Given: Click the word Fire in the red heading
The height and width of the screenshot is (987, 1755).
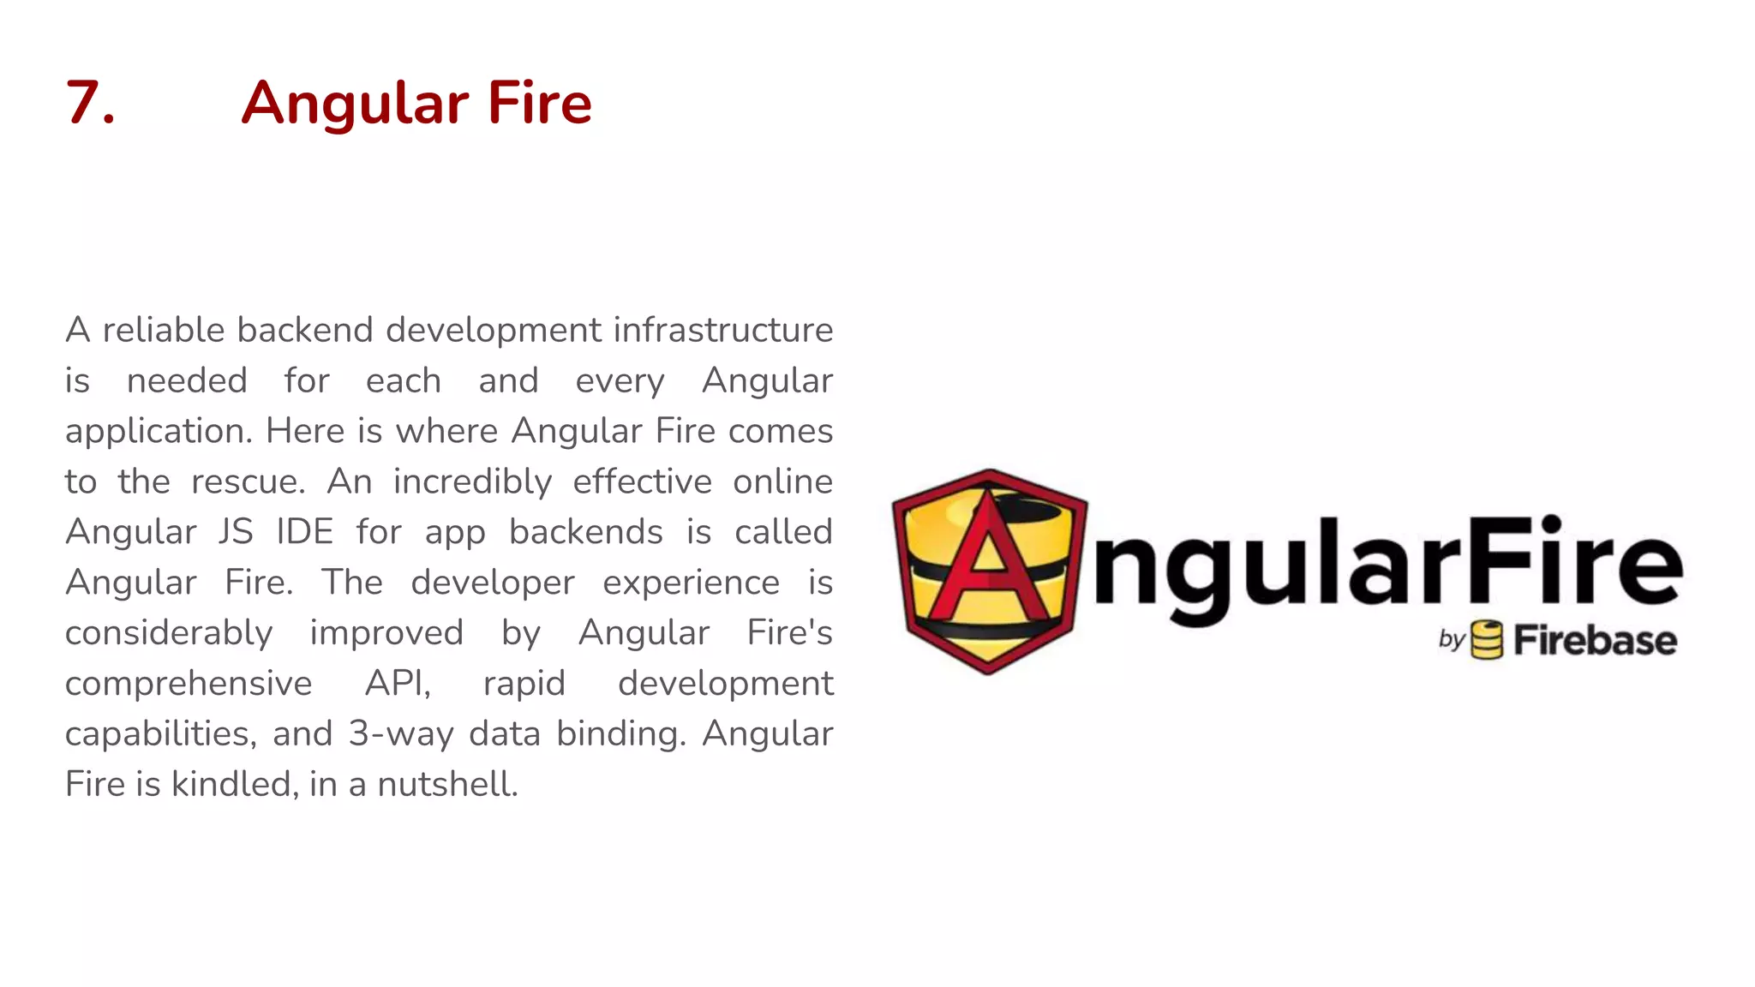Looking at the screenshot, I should pos(539,103).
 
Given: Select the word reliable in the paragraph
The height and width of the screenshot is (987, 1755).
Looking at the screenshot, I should pos(163,330).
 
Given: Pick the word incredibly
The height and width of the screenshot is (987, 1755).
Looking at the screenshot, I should pos(472,482).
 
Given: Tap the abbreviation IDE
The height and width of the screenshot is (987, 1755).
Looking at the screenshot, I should pos(304,531).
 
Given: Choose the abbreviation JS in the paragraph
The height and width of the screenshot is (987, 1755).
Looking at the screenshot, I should pos(236,531).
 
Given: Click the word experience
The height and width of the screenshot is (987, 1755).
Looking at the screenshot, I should pos(691,583).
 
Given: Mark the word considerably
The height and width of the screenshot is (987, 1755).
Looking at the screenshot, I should pos(169,633).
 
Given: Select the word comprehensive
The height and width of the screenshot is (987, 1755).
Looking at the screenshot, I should pos(189,684).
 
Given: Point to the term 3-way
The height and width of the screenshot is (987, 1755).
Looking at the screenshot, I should pos(400,734).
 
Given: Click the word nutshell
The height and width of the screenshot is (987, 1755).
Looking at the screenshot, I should pos(447,784).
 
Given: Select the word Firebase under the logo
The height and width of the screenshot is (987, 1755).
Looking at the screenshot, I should pos(1595,641).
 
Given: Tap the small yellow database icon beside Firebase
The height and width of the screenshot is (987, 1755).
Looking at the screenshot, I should pos(1487,640).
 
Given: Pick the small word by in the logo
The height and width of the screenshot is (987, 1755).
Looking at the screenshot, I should pos(1452,640).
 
